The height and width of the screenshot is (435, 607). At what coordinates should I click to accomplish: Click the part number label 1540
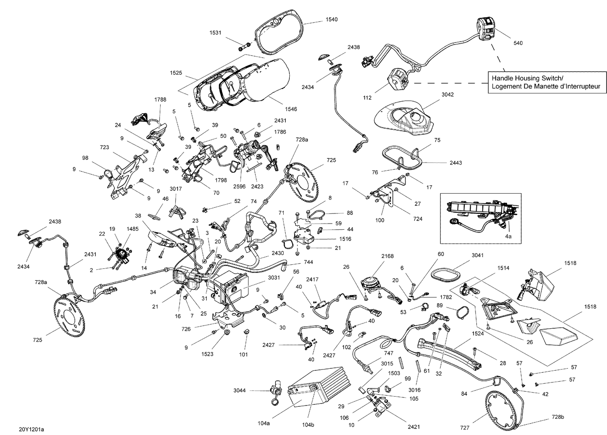click(x=331, y=19)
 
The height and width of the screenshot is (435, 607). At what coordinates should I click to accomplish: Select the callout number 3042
click(x=448, y=95)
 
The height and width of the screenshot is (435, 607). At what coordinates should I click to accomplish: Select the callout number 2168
click(x=387, y=256)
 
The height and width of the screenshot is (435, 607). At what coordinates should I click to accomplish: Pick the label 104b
click(x=308, y=425)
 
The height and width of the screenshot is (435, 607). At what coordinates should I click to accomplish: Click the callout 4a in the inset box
click(x=508, y=237)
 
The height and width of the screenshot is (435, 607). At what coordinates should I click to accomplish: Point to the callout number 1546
click(x=291, y=109)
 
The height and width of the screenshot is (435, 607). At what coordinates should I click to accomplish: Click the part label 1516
click(x=345, y=239)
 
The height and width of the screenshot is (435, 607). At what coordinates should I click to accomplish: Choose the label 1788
click(x=160, y=99)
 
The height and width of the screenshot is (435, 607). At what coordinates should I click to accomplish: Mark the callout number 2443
click(x=455, y=163)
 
